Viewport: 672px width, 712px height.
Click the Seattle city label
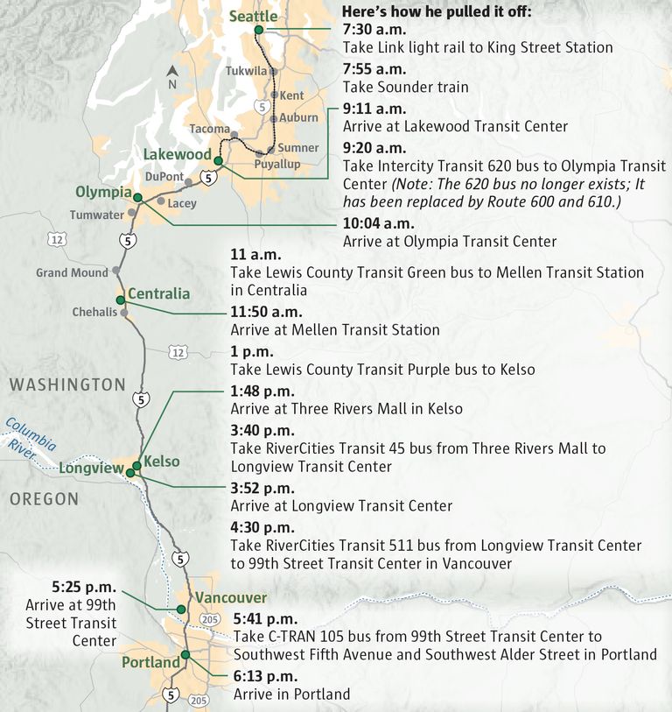tap(253, 17)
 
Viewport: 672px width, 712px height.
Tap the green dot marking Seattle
tap(258, 32)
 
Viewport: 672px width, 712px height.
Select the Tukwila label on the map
tap(246, 70)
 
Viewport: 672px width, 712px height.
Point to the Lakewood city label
tap(178, 155)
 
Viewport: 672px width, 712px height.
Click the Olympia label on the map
tap(102, 193)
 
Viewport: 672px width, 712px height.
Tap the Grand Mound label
tap(72, 272)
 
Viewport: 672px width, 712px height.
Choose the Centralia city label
tap(158, 293)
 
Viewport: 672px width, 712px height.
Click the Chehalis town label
tap(94, 313)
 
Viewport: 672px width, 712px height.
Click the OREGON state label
tap(44, 499)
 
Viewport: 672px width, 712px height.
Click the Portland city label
tap(150, 662)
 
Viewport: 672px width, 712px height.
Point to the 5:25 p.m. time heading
tap(85, 585)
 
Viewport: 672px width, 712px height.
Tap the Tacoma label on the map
tap(209, 129)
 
